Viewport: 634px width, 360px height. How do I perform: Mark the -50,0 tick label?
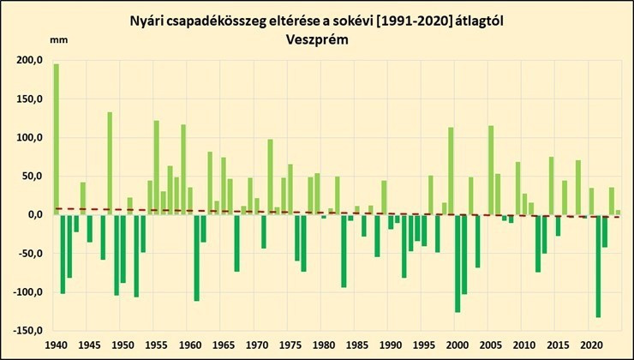click(x=32, y=254)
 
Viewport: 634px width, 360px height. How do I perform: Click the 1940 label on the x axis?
click(x=56, y=345)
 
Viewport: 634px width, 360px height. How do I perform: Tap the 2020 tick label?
click(x=591, y=345)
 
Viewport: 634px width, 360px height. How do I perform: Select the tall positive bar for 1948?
click(x=110, y=163)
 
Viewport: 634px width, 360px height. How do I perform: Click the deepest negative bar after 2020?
click(x=598, y=266)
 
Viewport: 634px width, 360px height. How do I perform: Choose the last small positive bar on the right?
click(x=618, y=213)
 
